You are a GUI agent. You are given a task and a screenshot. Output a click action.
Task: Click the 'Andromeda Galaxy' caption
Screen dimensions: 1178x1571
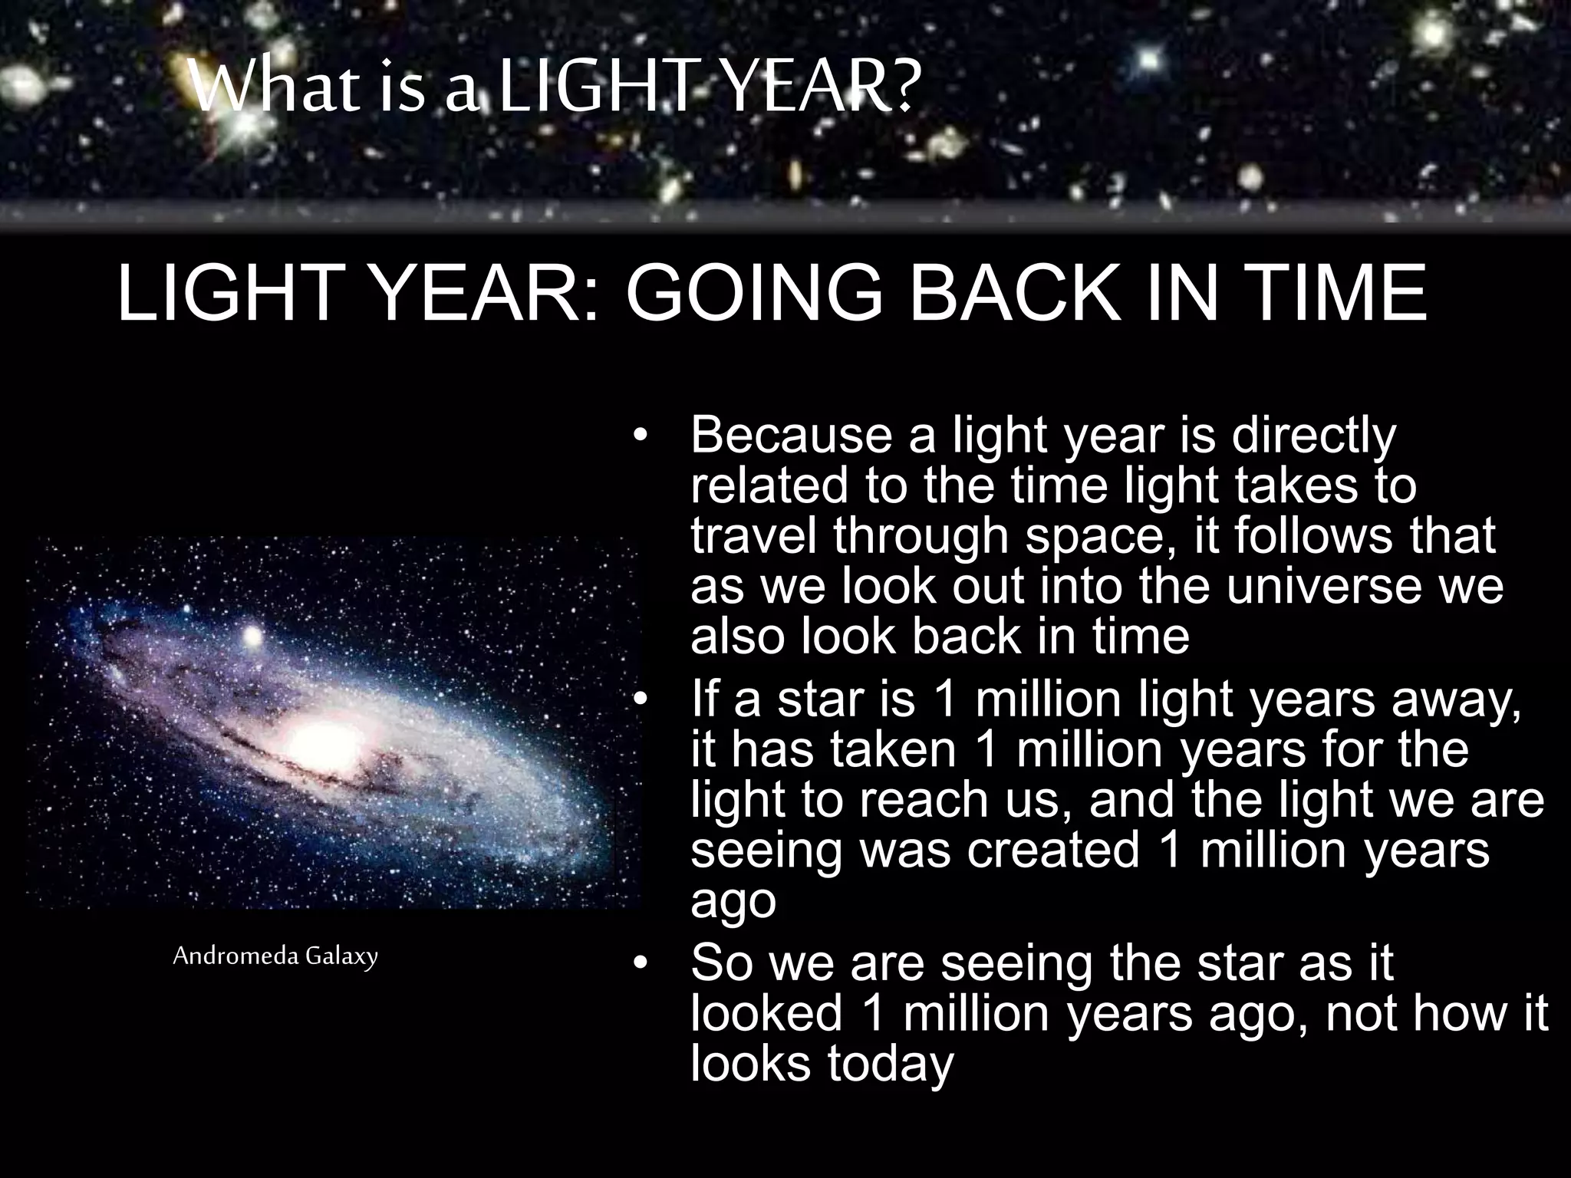(275, 956)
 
